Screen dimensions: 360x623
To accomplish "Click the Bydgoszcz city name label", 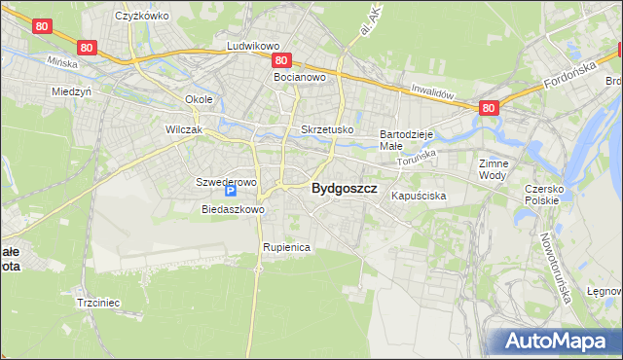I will (344, 190).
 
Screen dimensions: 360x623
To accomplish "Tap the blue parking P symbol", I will (232, 193).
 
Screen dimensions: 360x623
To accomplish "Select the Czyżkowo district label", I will (141, 16).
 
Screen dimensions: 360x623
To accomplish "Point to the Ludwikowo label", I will (253, 46).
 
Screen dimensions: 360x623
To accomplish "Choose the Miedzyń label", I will (71, 91).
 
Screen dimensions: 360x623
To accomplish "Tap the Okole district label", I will (199, 100).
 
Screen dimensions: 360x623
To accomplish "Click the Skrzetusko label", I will (327, 129).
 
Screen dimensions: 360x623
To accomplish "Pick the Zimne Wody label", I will (494, 169).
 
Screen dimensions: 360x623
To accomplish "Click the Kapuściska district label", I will (419, 196).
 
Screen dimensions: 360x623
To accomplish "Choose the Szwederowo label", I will (226, 182).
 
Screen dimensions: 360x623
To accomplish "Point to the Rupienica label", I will (285, 247).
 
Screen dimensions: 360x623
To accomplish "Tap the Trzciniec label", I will (97, 303).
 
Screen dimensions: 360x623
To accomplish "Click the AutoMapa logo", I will (559, 341).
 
